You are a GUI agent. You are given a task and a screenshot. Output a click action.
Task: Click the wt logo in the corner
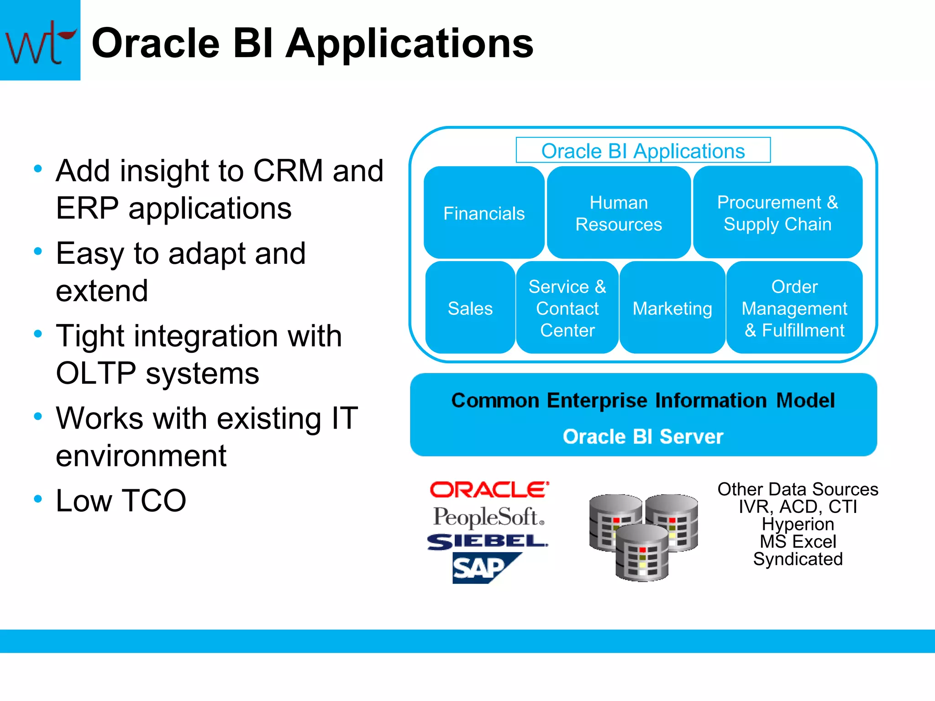[x=40, y=40]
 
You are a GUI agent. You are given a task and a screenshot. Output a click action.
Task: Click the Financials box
[x=484, y=213]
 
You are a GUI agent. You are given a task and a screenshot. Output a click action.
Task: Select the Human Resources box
[x=619, y=213]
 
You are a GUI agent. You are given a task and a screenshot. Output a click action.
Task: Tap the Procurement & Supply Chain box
[x=777, y=213]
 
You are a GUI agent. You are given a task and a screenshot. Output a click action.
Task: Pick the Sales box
[x=470, y=308]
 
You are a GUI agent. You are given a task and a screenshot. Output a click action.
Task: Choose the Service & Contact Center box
[x=567, y=308]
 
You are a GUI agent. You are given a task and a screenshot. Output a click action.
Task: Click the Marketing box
[x=672, y=308]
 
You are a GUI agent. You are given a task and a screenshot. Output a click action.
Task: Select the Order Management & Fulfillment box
[x=794, y=308]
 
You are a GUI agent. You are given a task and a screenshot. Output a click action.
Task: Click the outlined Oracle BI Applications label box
[x=643, y=151]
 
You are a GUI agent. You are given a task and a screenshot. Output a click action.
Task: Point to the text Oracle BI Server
[x=643, y=437]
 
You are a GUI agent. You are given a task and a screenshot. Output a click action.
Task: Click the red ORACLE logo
[x=489, y=490]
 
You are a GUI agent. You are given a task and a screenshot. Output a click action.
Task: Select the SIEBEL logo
[x=487, y=542]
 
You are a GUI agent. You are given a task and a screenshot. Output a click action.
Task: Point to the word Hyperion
[x=798, y=524]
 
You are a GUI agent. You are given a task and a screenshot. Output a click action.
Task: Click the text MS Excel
[x=798, y=542]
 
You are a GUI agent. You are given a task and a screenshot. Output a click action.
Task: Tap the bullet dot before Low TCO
[x=38, y=498]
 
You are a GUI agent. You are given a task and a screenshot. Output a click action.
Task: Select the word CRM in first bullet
[x=288, y=171]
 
